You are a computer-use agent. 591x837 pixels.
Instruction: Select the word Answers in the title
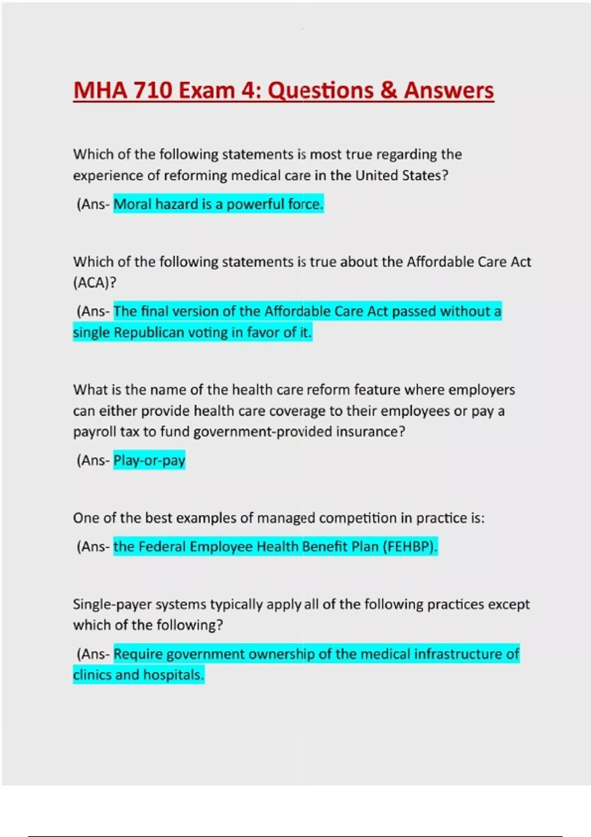pyautogui.click(x=449, y=91)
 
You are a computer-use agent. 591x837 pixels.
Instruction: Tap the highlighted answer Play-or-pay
pyautogui.click(x=149, y=460)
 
